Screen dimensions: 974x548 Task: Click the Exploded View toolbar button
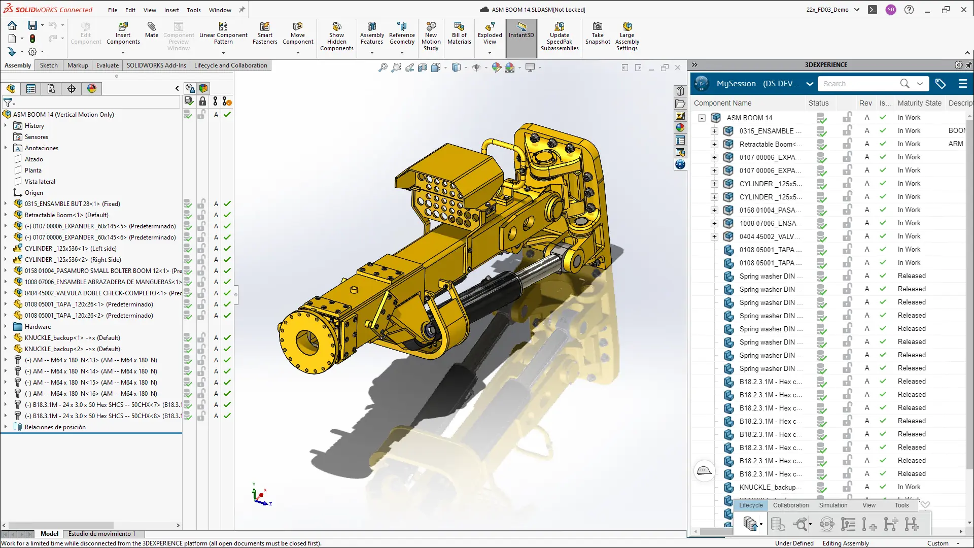click(x=490, y=35)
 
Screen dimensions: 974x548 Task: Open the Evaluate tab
click(x=108, y=65)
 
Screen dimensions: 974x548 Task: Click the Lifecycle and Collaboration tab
click(x=230, y=65)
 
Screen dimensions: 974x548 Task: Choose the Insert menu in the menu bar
click(x=171, y=10)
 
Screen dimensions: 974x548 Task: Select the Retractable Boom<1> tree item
click(x=66, y=215)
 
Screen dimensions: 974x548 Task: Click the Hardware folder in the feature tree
click(x=38, y=327)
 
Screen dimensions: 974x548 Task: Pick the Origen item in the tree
click(x=33, y=193)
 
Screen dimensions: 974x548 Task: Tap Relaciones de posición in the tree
click(x=55, y=427)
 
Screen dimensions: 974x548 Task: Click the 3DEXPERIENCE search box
click(x=857, y=84)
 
